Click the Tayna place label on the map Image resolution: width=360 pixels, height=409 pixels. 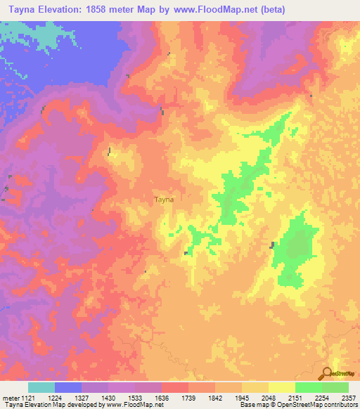click(x=164, y=200)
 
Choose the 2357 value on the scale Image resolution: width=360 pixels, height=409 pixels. click(x=349, y=396)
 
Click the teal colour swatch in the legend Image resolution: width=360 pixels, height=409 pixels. click(x=41, y=387)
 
